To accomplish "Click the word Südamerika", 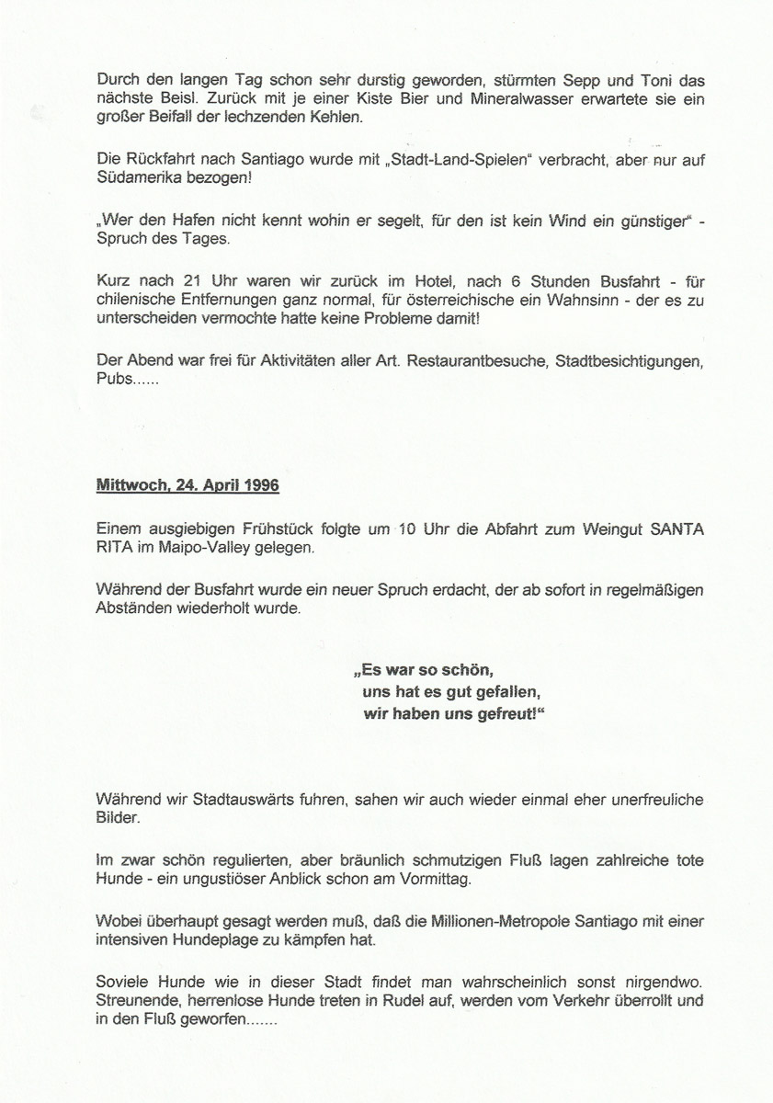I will pyautogui.click(x=140, y=177).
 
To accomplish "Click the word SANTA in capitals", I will pyautogui.click(x=678, y=529).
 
